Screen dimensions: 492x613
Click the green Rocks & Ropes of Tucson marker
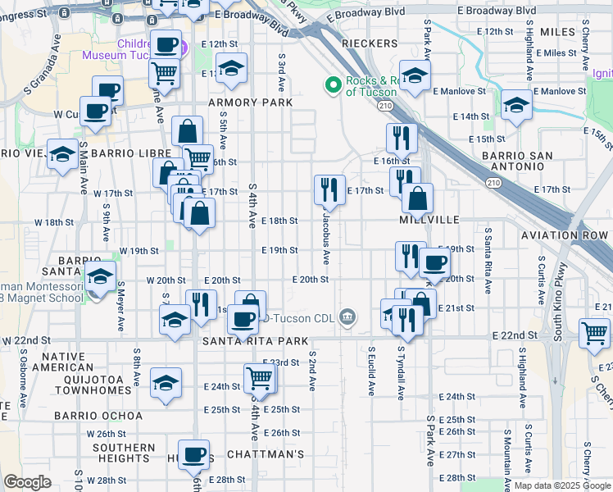pos(334,84)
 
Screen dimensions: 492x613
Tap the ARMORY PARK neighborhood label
pos(250,102)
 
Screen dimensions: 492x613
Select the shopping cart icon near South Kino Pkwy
pos(594,333)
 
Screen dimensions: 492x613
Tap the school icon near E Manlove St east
pos(516,104)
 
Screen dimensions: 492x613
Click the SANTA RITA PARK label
pos(249,340)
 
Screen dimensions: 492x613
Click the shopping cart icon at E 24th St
pos(259,377)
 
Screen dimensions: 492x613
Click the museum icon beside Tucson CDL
pos(347,317)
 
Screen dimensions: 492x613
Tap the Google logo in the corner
pos(27,482)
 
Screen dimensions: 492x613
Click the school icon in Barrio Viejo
pos(62,154)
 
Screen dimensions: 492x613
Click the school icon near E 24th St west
pos(166,382)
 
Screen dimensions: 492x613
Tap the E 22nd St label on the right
pos(514,336)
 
